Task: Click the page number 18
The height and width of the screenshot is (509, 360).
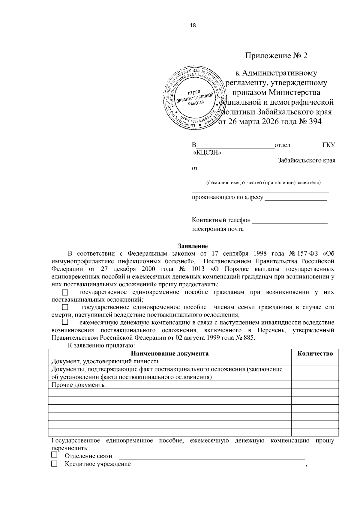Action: pyautogui.click(x=193, y=25)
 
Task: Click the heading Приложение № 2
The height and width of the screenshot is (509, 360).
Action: pyautogui.click(x=276, y=56)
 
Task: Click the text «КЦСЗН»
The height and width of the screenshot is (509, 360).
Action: pyautogui.click(x=207, y=153)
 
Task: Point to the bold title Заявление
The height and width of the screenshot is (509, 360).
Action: pyautogui.click(x=193, y=246)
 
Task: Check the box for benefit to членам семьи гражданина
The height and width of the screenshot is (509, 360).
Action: pyautogui.click(x=65, y=307)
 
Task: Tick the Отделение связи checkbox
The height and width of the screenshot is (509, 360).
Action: pyautogui.click(x=54, y=455)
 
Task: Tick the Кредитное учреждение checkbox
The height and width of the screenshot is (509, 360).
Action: pyautogui.click(x=54, y=464)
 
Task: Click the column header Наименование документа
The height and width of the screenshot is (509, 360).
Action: pyautogui.click(x=170, y=353)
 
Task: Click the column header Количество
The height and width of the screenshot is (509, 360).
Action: pyautogui.click(x=315, y=353)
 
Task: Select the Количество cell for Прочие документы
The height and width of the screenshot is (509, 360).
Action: pyautogui.click(x=315, y=385)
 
